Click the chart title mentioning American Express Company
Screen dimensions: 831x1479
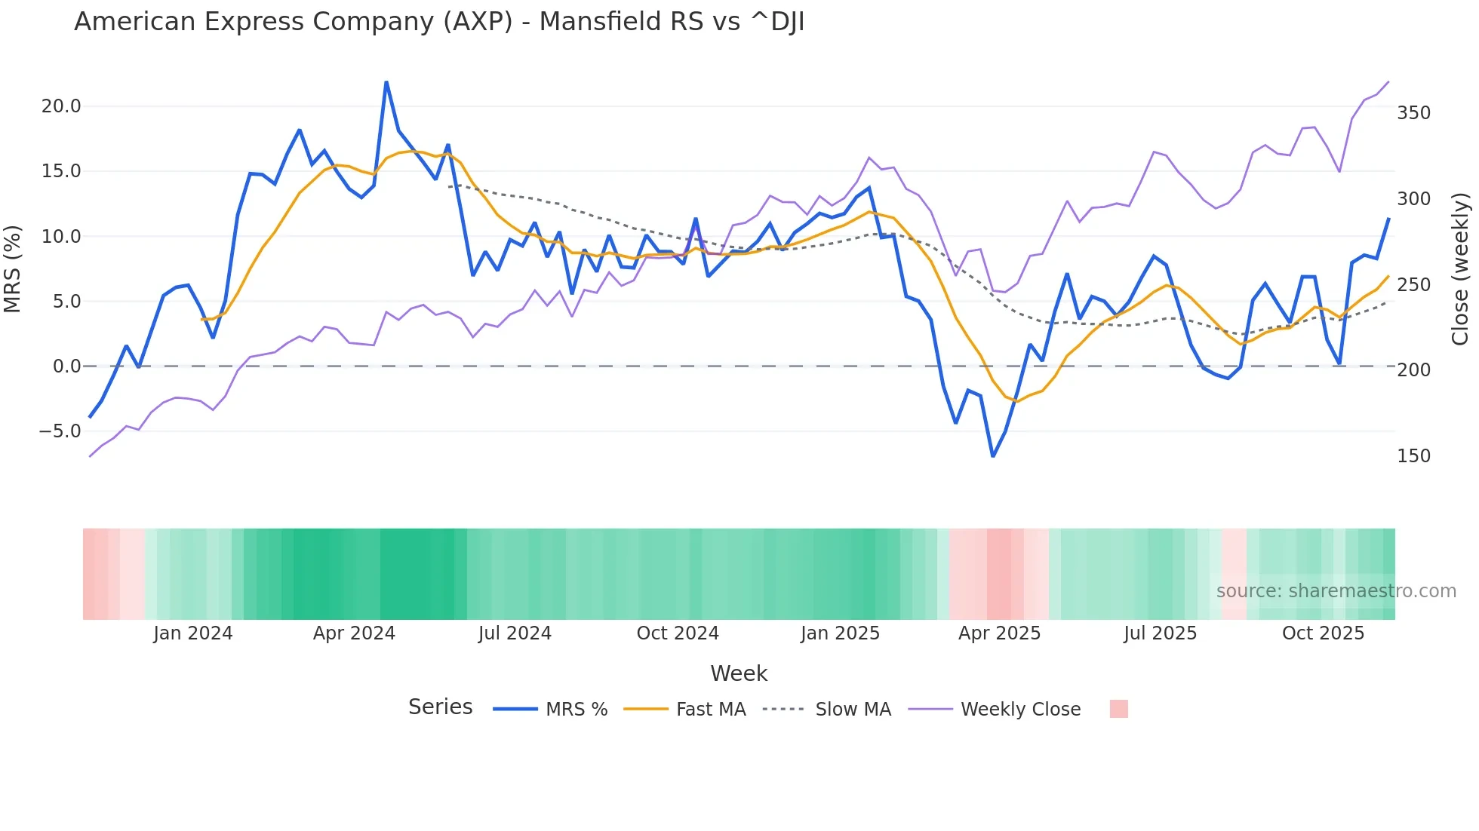pyautogui.click(x=439, y=22)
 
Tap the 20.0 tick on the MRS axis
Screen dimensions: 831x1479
pyautogui.click(x=61, y=106)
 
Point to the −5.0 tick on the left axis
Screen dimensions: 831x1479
pyautogui.click(x=60, y=431)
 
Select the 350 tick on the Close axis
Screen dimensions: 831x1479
pyautogui.click(x=1413, y=113)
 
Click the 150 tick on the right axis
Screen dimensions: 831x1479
pyautogui.click(x=1413, y=456)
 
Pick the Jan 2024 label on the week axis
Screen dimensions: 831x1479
pyautogui.click(x=192, y=633)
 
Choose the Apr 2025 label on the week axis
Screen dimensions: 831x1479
pyautogui.click(x=999, y=633)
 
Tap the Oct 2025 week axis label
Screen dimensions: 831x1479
pyautogui.click(x=1323, y=633)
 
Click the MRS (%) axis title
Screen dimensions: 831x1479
pyautogui.click(x=13, y=269)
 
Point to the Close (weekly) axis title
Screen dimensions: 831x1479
pyautogui.click(x=1460, y=269)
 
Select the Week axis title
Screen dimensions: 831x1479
pyautogui.click(x=739, y=673)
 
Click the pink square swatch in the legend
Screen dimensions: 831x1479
pyautogui.click(x=1118, y=709)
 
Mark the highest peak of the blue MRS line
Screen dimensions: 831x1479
pyautogui.click(x=386, y=82)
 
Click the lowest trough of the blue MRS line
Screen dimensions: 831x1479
pyautogui.click(x=993, y=456)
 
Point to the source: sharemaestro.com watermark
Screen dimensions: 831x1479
pyautogui.click(x=1336, y=591)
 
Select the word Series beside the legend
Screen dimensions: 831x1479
pyautogui.click(x=440, y=707)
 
